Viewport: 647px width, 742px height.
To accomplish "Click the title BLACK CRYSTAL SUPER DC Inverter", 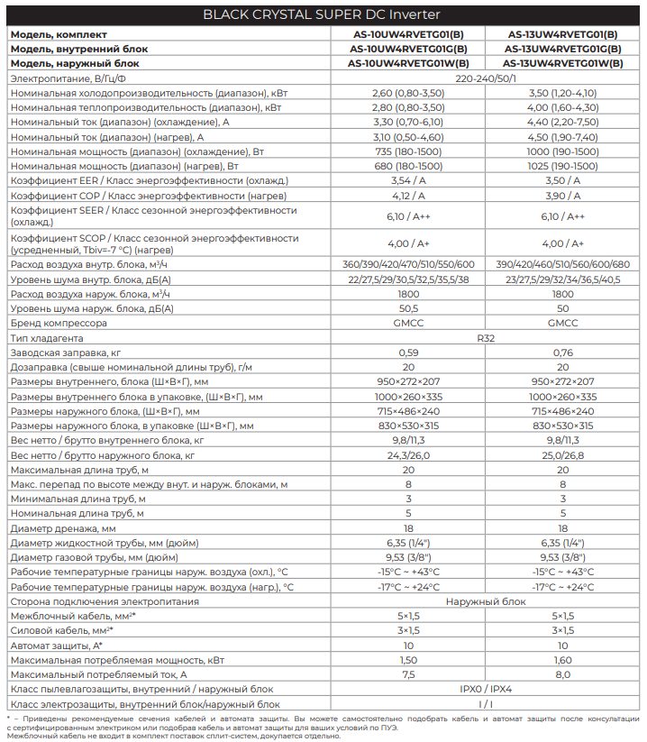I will [x=323, y=14].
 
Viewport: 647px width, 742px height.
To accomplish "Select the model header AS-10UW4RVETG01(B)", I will [x=408, y=34].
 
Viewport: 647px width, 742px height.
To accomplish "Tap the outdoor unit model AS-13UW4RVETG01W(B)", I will [x=562, y=64].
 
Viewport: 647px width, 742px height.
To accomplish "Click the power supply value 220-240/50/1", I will [x=486, y=78].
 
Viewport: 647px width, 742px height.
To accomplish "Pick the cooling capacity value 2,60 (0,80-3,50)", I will [x=408, y=93].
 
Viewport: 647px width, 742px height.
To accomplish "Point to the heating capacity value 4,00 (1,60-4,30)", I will [x=562, y=107].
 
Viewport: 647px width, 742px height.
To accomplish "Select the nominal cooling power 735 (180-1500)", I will [x=408, y=151].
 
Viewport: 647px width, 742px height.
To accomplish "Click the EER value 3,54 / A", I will [x=408, y=180].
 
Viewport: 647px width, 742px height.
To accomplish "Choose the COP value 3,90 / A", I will [x=562, y=196].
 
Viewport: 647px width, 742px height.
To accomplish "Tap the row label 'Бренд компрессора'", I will [x=59, y=323].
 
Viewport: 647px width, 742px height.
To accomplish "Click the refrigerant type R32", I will [x=486, y=338].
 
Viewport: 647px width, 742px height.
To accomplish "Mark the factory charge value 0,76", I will [x=562, y=353].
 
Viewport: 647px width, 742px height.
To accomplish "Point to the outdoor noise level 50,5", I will [x=408, y=308].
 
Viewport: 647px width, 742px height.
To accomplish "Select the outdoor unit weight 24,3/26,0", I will [x=408, y=455].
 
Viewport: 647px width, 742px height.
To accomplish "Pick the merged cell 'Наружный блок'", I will [x=486, y=601].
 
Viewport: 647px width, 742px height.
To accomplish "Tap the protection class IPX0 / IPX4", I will [x=486, y=689].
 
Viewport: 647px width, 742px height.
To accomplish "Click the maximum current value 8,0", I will [x=562, y=674].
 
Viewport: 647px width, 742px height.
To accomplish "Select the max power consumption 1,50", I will [x=408, y=660].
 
